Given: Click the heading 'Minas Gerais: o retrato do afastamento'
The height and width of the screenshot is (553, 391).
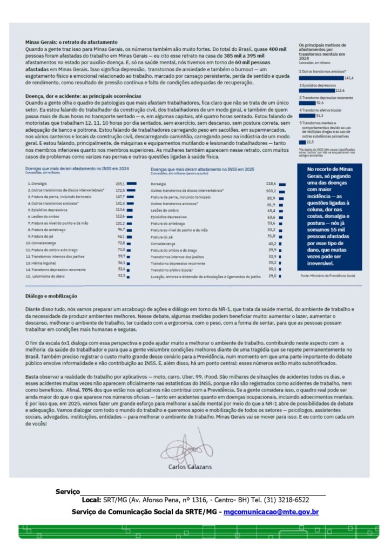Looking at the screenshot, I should [x=71, y=42].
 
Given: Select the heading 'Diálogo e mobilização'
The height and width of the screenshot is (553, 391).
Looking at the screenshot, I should [x=51, y=296].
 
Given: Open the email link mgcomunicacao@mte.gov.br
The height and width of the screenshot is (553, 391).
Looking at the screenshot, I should [x=271, y=511].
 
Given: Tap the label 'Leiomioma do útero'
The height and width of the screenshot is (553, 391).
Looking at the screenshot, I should [x=45, y=275].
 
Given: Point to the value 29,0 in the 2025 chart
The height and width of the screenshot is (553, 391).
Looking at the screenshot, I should [x=272, y=276].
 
